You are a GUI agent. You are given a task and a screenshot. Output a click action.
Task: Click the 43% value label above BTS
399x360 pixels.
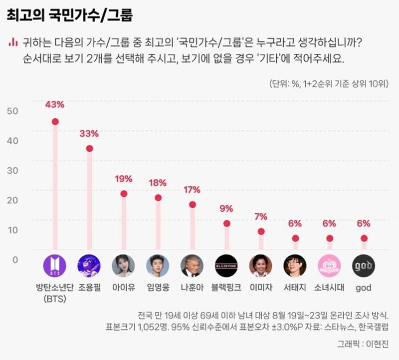[x=55, y=105]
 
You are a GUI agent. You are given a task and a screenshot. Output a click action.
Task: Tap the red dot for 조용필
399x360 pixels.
[x=89, y=148]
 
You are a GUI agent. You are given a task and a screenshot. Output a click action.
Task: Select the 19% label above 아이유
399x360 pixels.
[x=123, y=179]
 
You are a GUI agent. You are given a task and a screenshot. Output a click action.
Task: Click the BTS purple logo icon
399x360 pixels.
[x=55, y=266]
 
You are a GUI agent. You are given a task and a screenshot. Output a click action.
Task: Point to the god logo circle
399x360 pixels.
[x=364, y=266]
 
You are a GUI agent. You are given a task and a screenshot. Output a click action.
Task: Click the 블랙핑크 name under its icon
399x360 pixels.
[x=226, y=288]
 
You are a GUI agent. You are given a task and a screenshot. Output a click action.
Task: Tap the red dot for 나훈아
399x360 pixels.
[x=192, y=204]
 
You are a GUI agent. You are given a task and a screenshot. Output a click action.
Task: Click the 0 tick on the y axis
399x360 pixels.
[x=15, y=260]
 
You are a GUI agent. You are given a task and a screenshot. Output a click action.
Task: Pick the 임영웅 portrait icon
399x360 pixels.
[x=158, y=266]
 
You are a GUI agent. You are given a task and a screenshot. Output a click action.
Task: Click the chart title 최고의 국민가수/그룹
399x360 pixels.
[x=70, y=15]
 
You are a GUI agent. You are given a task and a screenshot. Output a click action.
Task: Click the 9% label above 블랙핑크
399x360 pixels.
[x=226, y=208]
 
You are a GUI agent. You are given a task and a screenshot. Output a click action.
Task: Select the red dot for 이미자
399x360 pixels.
[x=261, y=232]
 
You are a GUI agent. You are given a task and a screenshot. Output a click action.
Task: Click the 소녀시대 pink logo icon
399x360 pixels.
[x=329, y=266]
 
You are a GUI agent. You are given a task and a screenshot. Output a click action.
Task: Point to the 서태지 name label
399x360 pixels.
[x=295, y=288]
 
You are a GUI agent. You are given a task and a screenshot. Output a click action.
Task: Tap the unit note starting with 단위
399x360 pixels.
[x=329, y=83]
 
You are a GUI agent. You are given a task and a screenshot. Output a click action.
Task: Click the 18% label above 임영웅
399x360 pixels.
[x=158, y=183]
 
